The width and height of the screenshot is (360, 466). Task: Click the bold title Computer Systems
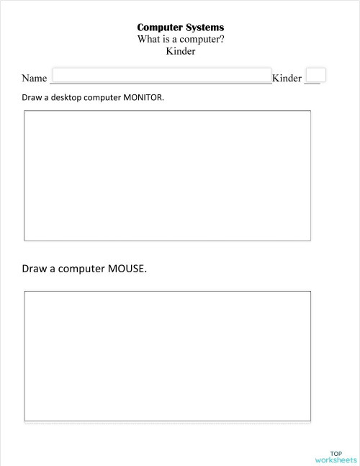click(180, 27)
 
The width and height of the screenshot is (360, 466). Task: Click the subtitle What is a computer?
click(180, 39)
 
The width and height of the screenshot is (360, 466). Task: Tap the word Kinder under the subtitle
click(180, 51)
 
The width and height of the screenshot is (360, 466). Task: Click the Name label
click(34, 79)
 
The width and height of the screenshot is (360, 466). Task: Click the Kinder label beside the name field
click(287, 79)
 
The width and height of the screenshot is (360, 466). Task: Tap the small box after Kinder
click(315, 76)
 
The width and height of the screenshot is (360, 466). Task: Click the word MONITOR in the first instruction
click(143, 97)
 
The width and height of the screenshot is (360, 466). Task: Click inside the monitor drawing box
click(167, 175)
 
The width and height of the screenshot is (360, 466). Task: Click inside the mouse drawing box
click(167, 356)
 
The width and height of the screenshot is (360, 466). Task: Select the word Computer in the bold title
click(158, 27)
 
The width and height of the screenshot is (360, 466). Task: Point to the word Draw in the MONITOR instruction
click(31, 97)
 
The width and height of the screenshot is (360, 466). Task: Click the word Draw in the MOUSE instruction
click(34, 269)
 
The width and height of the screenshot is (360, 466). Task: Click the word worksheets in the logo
click(336, 460)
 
